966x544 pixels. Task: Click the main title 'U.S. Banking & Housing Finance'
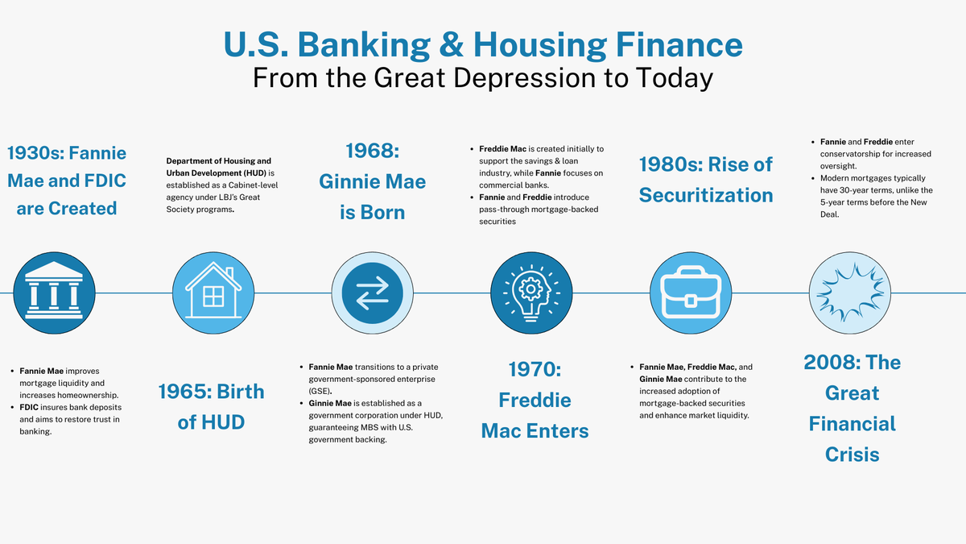tap(483, 44)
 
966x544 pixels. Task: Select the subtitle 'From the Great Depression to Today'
tap(483, 78)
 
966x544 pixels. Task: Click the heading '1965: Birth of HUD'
tap(211, 406)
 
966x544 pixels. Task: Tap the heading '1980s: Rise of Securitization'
tap(706, 180)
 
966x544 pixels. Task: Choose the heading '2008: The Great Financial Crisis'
tap(852, 409)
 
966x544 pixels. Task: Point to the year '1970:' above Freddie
tap(535, 369)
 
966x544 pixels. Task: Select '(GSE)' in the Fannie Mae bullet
tap(320, 390)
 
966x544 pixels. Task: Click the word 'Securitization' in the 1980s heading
tap(706, 195)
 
